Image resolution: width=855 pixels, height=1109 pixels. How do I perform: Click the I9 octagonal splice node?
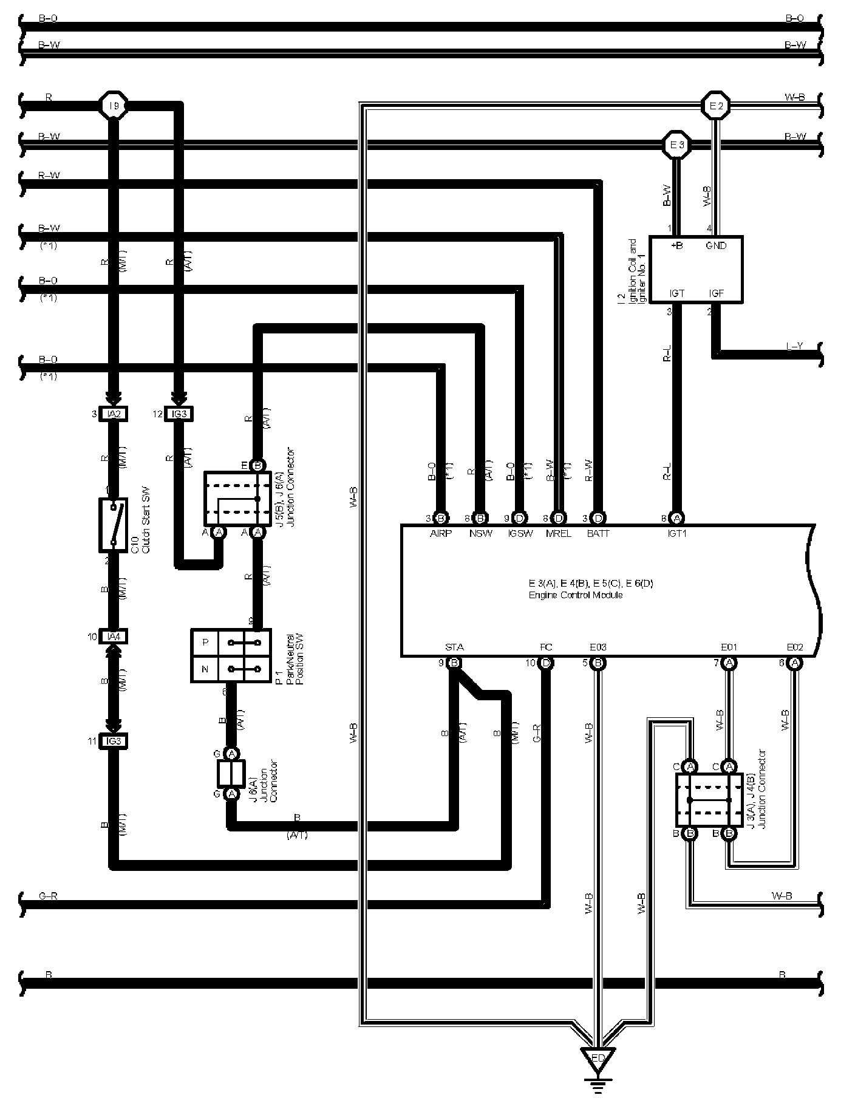click(x=113, y=106)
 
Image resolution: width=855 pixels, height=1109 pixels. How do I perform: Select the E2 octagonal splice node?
click(x=716, y=106)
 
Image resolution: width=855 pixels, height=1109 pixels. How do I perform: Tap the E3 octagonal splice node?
click(x=676, y=145)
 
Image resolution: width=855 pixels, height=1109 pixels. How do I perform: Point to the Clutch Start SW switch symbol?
click(x=113, y=525)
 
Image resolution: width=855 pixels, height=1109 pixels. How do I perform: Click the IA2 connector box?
click(x=114, y=414)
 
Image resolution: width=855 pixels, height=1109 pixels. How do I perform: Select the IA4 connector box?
click(x=114, y=636)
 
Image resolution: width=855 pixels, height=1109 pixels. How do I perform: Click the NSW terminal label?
click(x=480, y=534)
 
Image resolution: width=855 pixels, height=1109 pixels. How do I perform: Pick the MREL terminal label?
click(x=558, y=534)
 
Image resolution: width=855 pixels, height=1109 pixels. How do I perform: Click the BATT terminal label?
click(x=598, y=534)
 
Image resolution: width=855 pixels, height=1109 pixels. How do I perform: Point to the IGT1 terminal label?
click(x=676, y=534)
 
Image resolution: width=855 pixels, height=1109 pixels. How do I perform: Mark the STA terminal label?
click(x=454, y=647)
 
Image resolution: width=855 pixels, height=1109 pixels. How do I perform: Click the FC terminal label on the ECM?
click(x=546, y=647)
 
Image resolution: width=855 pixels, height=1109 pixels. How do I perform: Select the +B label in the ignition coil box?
click(x=676, y=246)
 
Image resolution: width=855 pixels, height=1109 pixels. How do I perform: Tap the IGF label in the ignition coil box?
click(x=716, y=293)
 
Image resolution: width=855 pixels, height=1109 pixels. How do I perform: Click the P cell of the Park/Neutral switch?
click(x=205, y=643)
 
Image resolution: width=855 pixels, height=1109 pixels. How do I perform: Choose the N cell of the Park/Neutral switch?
click(x=205, y=669)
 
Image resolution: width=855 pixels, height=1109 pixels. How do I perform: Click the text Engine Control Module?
click(x=575, y=595)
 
